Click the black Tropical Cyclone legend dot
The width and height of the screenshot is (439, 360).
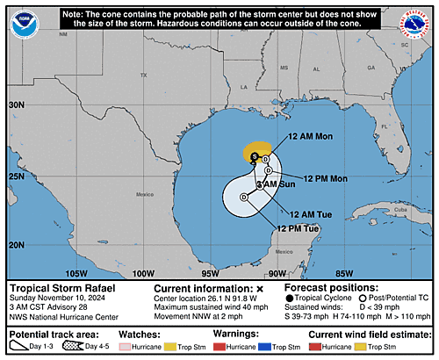point(291,299)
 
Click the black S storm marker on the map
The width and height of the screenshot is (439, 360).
point(255,156)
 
